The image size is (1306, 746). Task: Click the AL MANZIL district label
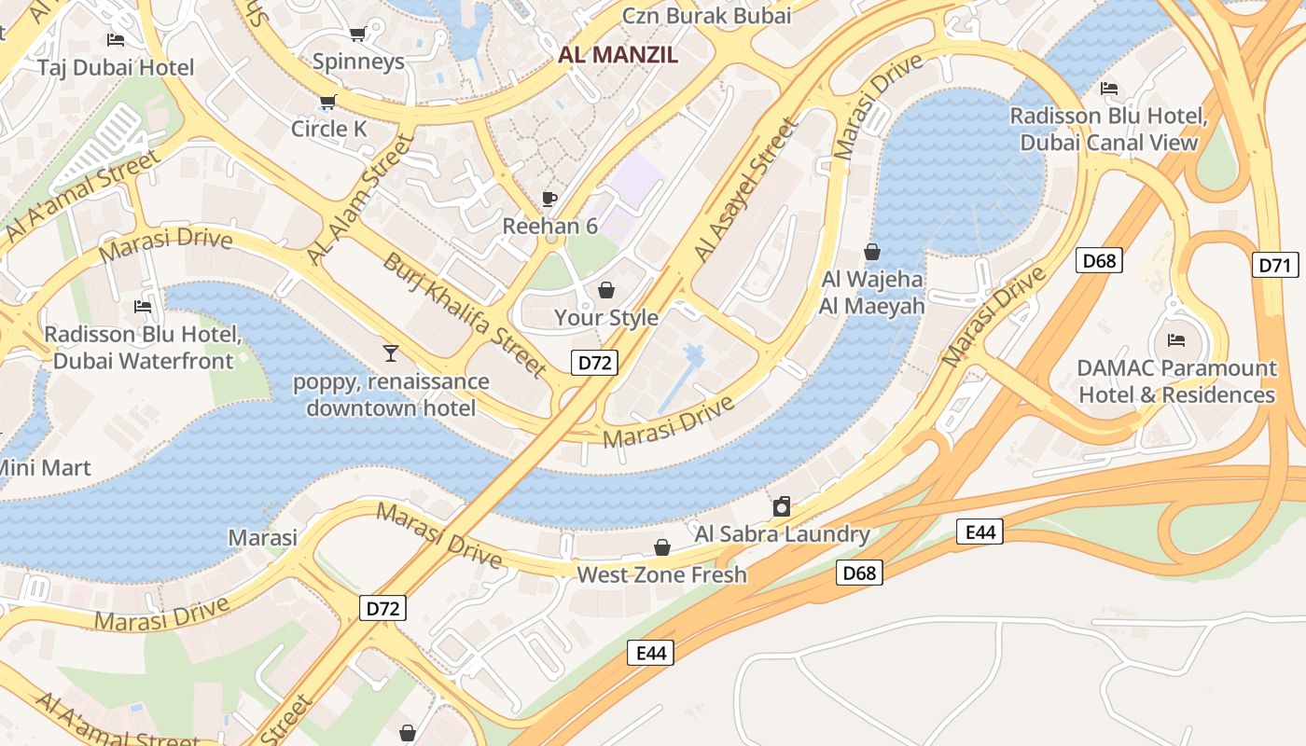point(618,55)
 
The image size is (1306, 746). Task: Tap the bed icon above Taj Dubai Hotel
point(116,39)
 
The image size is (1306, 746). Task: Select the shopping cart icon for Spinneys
point(357,35)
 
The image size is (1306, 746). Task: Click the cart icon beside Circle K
point(327,102)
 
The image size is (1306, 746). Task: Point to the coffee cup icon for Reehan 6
point(549,199)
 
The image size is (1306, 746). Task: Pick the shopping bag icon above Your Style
point(605,290)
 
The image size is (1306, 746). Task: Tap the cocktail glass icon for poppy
point(391,352)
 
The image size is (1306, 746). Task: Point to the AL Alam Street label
point(359,200)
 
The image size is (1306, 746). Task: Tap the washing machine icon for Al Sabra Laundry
point(782,506)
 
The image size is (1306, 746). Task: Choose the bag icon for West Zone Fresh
point(662,546)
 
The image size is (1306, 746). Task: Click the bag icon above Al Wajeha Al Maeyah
point(872,252)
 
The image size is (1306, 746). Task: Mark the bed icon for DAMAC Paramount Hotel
point(1176,339)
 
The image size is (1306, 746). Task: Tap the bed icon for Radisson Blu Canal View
point(1109,89)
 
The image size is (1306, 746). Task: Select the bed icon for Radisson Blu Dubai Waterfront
point(143,306)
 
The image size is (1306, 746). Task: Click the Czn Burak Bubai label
point(706,16)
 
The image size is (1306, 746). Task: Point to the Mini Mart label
point(45,467)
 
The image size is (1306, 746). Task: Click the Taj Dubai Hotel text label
point(116,67)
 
